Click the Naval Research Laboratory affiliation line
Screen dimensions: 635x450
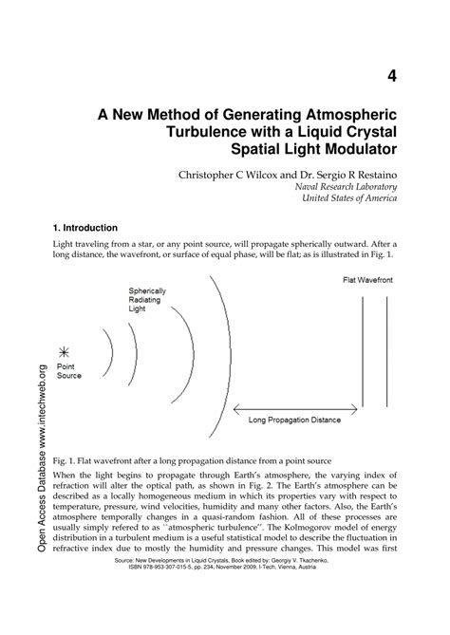click(x=346, y=188)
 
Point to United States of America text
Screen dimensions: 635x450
click(x=349, y=200)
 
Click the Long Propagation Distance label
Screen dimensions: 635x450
click(x=294, y=419)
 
